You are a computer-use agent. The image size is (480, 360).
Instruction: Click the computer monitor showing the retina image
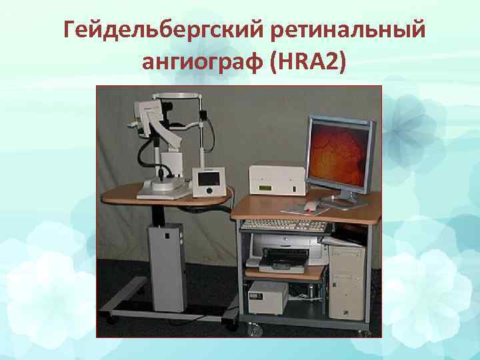point(339,152)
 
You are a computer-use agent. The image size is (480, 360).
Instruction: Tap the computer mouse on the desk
point(311,206)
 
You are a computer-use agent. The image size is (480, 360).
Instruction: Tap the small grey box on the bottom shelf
point(267,297)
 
